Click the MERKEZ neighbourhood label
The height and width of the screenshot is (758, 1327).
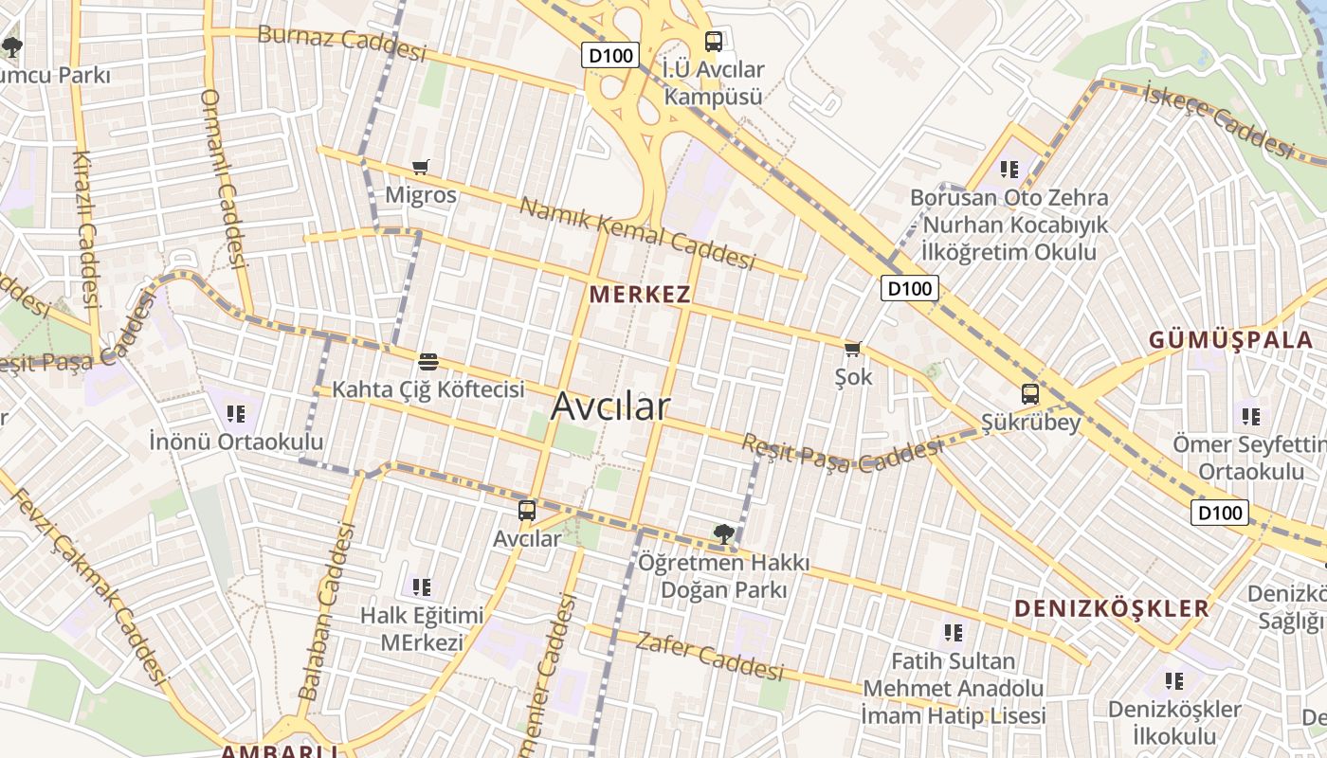click(640, 294)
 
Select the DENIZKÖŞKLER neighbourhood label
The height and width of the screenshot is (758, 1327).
click(1112, 608)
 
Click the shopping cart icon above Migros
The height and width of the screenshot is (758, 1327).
click(421, 168)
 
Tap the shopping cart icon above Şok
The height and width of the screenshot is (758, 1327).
click(853, 350)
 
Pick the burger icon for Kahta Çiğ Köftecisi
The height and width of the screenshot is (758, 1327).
click(428, 361)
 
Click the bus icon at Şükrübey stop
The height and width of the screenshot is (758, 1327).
click(1030, 394)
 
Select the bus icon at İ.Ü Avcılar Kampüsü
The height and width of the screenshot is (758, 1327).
click(714, 42)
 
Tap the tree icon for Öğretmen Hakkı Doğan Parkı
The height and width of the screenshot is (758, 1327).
click(724, 534)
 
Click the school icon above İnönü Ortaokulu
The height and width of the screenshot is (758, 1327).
click(236, 413)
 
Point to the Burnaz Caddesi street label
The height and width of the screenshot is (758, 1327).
click(342, 42)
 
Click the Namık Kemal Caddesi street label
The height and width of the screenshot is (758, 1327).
click(637, 233)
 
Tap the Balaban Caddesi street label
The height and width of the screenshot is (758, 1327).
click(326, 613)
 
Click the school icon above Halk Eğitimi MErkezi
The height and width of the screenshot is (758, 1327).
click(422, 587)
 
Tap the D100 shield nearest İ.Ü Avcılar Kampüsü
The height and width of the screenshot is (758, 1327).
click(610, 55)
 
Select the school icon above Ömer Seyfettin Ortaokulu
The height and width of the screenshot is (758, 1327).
click(1251, 416)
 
